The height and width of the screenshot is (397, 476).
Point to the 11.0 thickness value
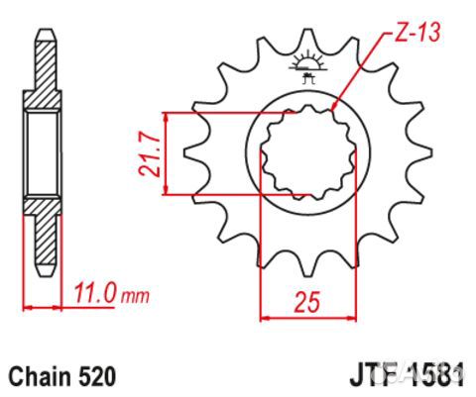[96, 294]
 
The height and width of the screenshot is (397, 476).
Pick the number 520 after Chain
[97, 376]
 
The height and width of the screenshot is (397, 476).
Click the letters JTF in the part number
[370, 376]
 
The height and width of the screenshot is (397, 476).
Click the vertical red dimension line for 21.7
[169, 153]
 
